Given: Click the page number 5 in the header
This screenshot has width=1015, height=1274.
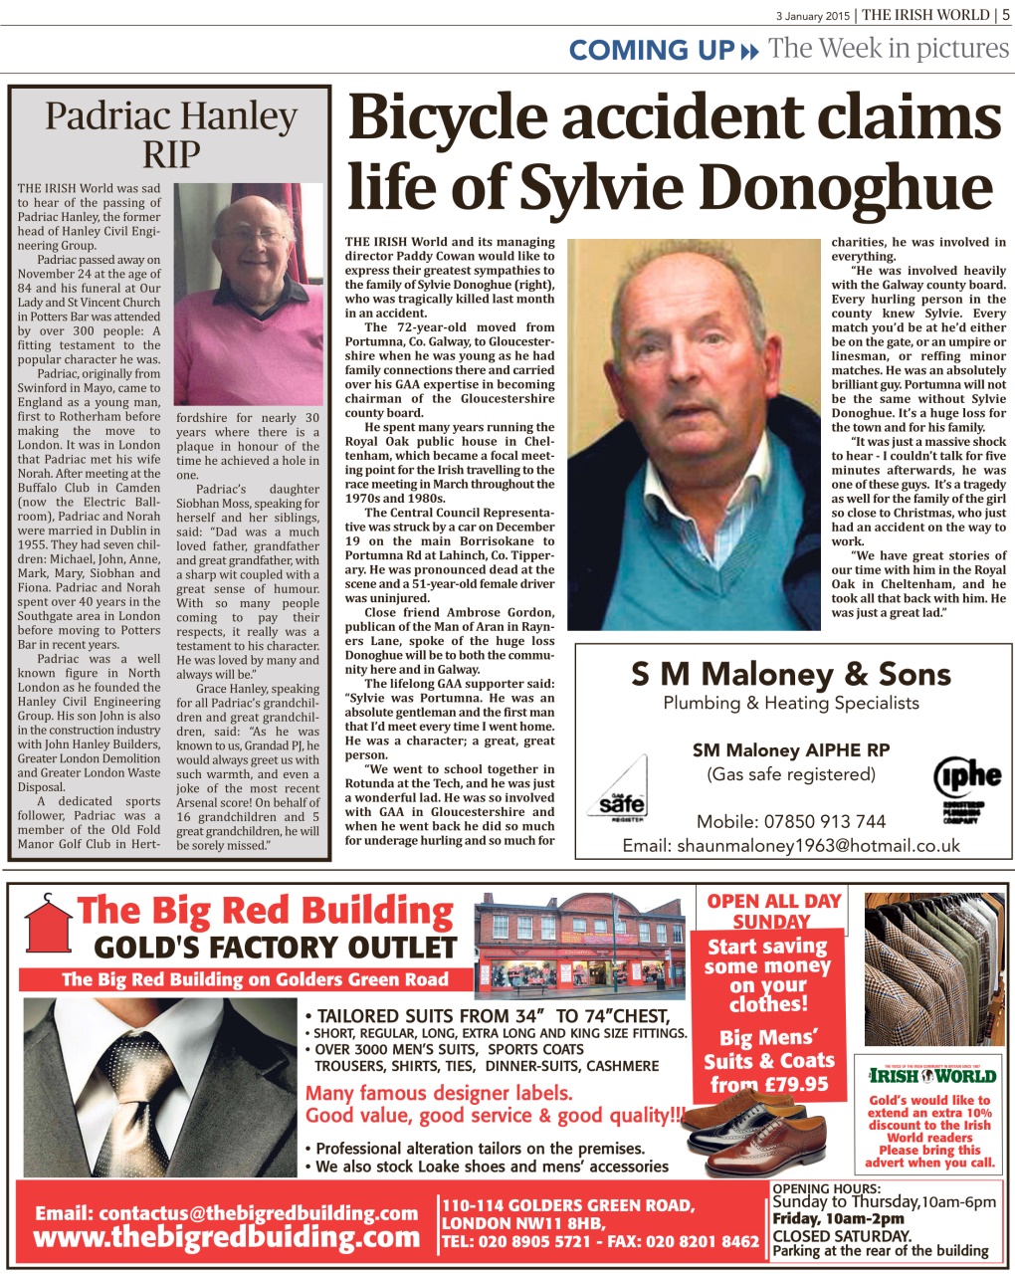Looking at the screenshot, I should [x=1005, y=14].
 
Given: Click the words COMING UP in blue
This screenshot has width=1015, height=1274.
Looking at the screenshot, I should [x=650, y=50].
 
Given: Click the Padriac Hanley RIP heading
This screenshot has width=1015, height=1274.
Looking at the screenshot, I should [x=170, y=134].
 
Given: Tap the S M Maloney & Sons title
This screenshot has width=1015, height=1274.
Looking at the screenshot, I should [x=791, y=674].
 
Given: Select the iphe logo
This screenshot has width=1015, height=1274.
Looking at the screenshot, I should [x=966, y=786].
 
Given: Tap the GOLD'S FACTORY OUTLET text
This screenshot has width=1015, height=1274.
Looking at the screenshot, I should [x=275, y=947].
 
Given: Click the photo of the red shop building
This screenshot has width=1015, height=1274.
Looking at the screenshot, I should [x=579, y=944].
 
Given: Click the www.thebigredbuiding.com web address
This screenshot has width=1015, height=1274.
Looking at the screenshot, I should [x=226, y=1238].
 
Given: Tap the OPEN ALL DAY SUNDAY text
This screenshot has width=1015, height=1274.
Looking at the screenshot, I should [x=773, y=911].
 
